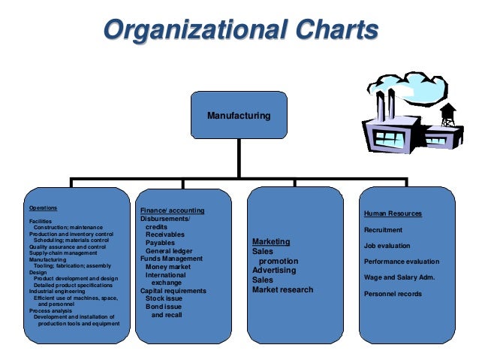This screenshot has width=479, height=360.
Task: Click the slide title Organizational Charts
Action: tap(239, 32)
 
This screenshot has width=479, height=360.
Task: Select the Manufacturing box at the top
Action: tap(239, 116)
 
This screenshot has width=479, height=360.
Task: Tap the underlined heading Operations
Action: tap(43, 208)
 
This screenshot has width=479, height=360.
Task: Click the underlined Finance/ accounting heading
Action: tap(172, 210)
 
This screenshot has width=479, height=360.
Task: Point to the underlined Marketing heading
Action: tap(271, 241)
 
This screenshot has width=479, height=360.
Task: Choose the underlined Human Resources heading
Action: tap(393, 213)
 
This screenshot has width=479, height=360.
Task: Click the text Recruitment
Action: tap(383, 230)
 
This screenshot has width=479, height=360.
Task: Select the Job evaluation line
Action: tap(387, 246)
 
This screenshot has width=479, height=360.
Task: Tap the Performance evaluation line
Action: tap(402, 262)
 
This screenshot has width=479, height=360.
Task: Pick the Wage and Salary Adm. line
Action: tap(399, 277)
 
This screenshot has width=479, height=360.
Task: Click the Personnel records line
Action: tap(393, 293)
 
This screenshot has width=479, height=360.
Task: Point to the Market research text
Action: tap(283, 289)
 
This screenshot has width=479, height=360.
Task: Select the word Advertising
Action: tap(273, 270)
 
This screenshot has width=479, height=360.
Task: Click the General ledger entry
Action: tap(169, 251)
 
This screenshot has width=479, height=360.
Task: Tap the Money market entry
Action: tap(168, 267)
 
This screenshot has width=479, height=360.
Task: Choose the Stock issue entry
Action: tap(164, 299)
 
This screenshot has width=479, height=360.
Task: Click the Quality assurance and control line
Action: tap(68, 247)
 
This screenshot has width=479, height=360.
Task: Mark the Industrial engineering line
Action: tap(57, 291)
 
